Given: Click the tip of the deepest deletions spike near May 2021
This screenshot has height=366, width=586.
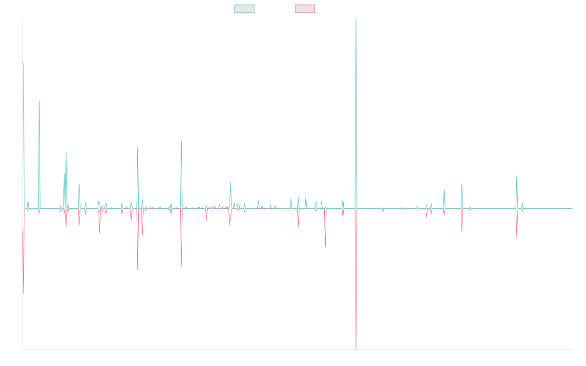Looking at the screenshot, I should tap(356, 349).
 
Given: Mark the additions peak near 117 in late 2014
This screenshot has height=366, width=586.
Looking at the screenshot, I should tap(39, 101).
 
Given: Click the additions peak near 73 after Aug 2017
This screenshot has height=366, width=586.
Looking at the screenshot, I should tap(181, 142).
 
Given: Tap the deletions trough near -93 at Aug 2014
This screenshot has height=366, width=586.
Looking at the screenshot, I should tap(23, 294).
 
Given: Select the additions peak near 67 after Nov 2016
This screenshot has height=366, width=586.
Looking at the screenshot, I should tap(138, 147).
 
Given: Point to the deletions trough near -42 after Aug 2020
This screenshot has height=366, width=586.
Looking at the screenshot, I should tap(325, 247).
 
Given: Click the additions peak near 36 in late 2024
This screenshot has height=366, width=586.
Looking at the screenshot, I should tap(517, 176).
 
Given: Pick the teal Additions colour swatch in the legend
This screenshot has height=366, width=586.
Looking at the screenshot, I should tap(245, 9).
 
